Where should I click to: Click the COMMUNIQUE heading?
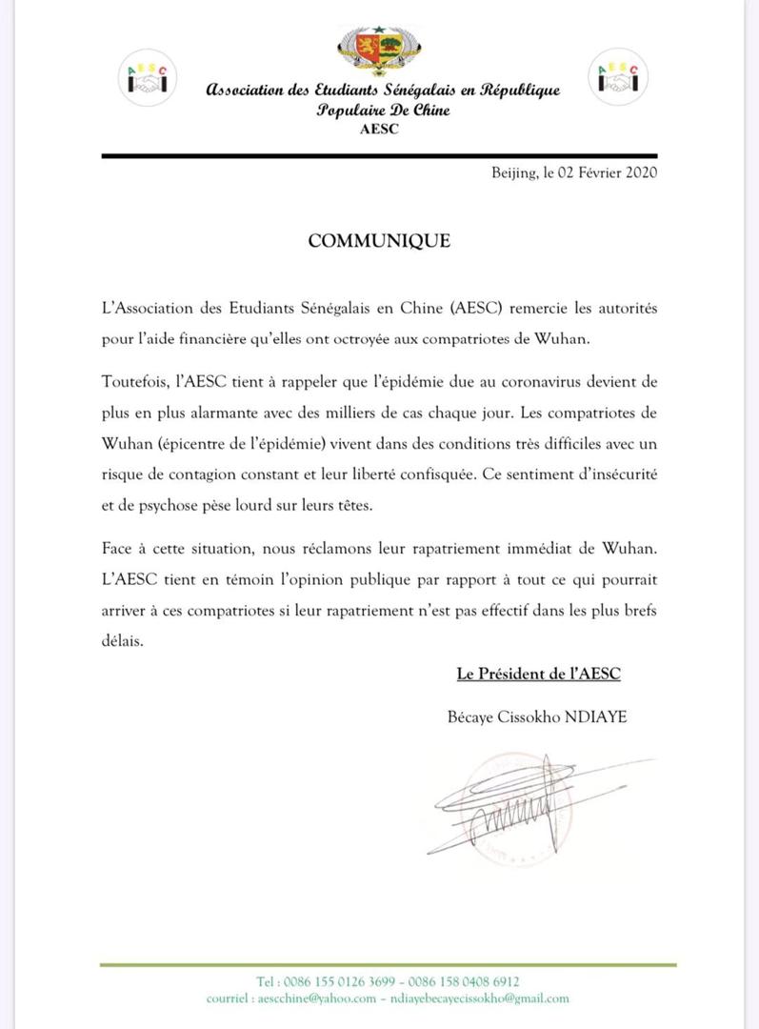point(379,241)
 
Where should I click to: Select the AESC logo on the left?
point(148,79)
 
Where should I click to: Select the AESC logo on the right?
point(617,76)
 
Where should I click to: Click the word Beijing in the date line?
point(514,172)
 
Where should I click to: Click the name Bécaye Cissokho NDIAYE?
point(537,716)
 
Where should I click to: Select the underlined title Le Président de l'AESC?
point(538,675)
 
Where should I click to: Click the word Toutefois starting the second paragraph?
point(136,382)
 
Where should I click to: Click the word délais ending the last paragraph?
point(122,642)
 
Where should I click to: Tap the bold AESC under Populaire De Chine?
point(379,130)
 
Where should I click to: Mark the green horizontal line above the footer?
point(388,965)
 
